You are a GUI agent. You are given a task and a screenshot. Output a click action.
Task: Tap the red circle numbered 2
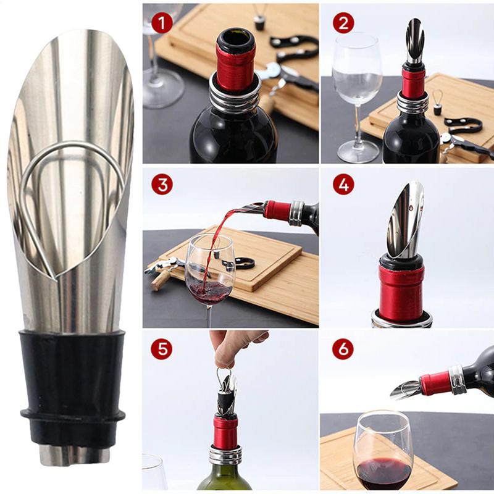[x=343, y=23]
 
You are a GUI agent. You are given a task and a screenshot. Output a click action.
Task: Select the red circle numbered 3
[x=162, y=185]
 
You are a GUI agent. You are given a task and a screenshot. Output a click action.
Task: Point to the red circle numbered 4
[x=343, y=185]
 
